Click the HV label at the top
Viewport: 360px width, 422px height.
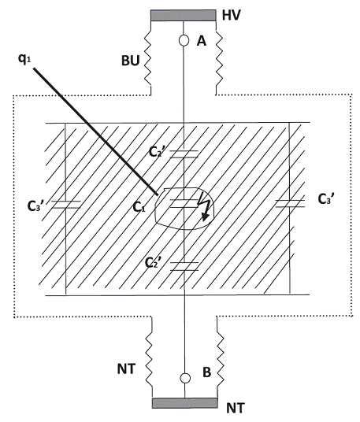click(x=231, y=15)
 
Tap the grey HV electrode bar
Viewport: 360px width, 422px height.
click(x=183, y=15)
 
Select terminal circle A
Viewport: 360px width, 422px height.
click(x=184, y=40)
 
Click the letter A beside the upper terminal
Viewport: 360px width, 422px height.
click(x=202, y=41)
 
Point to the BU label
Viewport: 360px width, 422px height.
click(x=131, y=61)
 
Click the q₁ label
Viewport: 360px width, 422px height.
click(x=24, y=59)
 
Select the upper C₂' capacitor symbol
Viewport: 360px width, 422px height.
click(x=184, y=154)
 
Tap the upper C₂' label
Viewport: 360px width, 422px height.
click(x=155, y=151)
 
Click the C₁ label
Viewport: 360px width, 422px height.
click(x=139, y=207)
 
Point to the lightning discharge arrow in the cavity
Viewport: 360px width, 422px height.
click(x=204, y=207)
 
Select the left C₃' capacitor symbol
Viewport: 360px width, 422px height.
click(x=65, y=205)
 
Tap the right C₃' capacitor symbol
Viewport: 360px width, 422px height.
click(x=290, y=203)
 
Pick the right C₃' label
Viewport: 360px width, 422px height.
click(x=326, y=199)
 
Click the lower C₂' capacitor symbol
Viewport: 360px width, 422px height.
click(x=184, y=266)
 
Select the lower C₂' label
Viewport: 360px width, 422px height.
click(x=153, y=263)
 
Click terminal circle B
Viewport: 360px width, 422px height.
click(x=185, y=378)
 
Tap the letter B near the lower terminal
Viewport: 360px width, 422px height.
click(x=206, y=372)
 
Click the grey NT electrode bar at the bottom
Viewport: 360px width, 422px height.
click(x=185, y=403)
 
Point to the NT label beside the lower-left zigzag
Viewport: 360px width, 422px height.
click(x=127, y=369)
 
